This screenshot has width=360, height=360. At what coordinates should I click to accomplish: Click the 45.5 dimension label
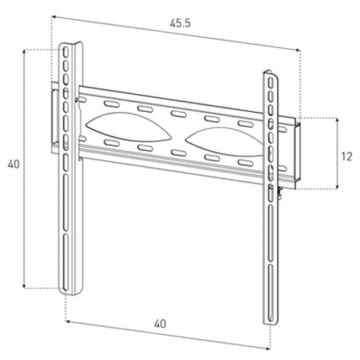pyautogui.click(x=180, y=23)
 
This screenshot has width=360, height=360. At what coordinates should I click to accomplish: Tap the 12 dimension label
pyautogui.click(x=346, y=157)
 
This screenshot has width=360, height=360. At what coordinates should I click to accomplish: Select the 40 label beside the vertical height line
pyautogui.click(x=14, y=164)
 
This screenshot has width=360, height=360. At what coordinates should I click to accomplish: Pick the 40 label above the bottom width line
pyautogui.click(x=160, y=324)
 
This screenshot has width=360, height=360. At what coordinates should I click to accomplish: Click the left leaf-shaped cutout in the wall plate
pyautogui.click(x=128, y=127)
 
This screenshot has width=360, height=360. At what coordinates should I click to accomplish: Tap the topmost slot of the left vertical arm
pyautogui.click(x=66, y=52)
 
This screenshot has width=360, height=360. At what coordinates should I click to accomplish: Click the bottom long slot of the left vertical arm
pyautogui.click(x=66, y=262)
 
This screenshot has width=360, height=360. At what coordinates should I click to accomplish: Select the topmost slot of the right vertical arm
pyautogui.click(x=271, y=83)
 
